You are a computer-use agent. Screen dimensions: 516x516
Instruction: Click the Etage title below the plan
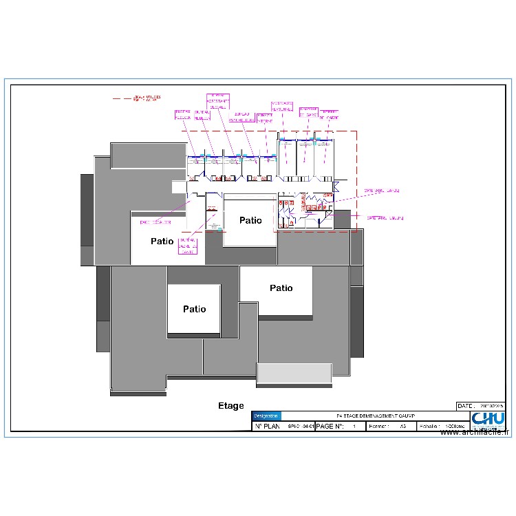coord(231,406)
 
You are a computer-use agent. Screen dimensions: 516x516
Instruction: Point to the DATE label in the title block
coord(467,406)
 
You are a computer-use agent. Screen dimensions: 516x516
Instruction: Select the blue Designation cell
coord(266,416)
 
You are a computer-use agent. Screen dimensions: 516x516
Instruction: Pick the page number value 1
coord(354,427)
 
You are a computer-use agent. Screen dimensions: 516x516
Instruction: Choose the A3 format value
coord(402,427)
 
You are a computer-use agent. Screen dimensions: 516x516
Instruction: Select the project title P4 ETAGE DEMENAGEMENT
coord(372,416)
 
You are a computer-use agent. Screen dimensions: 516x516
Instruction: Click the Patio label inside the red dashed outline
coord(250,220)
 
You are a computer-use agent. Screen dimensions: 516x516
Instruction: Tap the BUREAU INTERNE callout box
coord(265,118)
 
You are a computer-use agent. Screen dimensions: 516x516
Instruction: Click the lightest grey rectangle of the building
coord(294,372)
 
